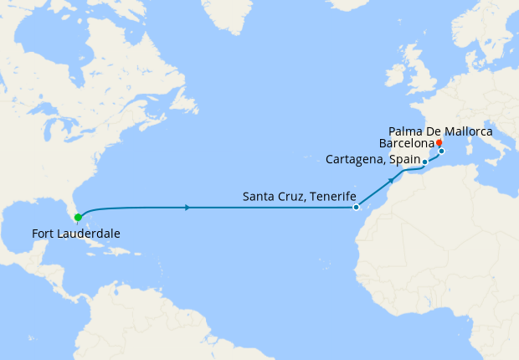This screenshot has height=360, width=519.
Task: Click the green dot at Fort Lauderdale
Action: click(x=78, y=218)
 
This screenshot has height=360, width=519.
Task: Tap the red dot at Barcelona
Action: click(x=439, y=142)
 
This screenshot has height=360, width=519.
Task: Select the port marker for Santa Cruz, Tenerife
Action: click(x=357, y=207)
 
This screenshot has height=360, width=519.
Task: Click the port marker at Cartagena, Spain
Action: click(x=425, y=162)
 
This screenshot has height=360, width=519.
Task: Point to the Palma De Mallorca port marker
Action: click(x=442, y=152)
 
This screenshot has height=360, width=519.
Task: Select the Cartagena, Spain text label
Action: click(x=373, y=159)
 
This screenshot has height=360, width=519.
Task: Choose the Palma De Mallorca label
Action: click(x=441, y=131)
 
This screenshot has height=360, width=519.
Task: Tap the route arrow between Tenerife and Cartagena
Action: click(x=391, y=180)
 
